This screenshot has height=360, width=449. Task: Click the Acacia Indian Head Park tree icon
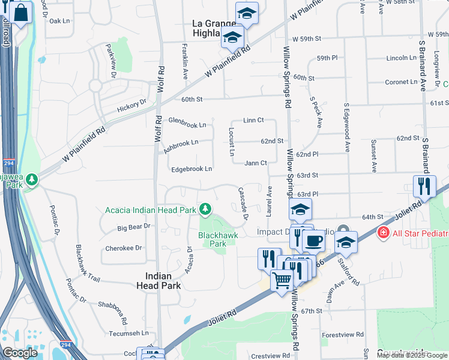(206, 209)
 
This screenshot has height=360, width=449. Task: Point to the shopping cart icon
(282, 280)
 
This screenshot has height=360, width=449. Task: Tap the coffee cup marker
(313, 241)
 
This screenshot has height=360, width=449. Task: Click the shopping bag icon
(20, 13)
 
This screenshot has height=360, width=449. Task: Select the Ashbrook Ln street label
(181, 143)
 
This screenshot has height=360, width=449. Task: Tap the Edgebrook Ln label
(191, 169)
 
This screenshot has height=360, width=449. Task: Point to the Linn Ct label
(254, 121)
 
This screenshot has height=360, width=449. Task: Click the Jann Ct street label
(256, 163)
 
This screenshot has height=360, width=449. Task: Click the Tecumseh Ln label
(128, 333)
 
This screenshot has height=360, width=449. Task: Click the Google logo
(20, 353)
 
